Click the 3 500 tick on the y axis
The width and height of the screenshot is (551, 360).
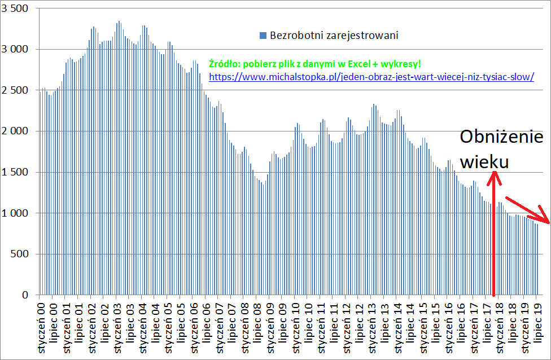[16, 8]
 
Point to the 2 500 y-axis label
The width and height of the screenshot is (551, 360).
[16, 90]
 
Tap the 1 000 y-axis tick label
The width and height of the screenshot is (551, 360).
[16, 213]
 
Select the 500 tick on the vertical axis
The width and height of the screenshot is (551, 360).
[21, 254]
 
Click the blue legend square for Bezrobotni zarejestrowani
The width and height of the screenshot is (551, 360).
[263, 36]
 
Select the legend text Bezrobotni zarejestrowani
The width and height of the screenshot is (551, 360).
[334, 36]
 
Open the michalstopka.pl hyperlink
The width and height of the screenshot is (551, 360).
[371, 76]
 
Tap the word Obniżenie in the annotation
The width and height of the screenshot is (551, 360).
[501, 138]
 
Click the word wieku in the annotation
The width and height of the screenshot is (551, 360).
[484, 162]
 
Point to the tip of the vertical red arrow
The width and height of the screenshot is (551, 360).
[494, 173]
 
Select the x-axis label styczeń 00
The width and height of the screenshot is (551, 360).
[42, 328]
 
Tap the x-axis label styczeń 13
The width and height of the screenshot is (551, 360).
[373, 328]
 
